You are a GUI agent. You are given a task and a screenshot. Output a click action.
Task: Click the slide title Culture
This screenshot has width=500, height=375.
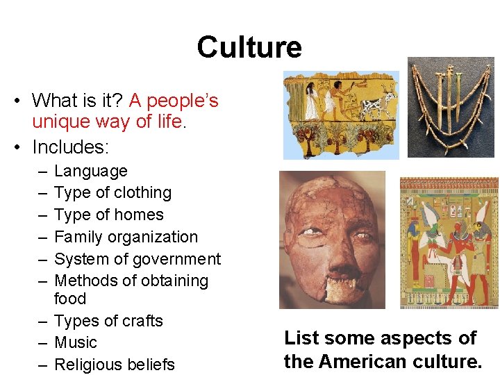click(x=249, y=47)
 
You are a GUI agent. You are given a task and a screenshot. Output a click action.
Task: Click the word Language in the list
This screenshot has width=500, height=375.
click(x=91, y=171)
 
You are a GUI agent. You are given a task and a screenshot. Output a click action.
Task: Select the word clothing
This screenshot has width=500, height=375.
click(x=140, y=192)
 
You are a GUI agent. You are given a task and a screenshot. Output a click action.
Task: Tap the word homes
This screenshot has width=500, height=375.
click(x=140, y=215)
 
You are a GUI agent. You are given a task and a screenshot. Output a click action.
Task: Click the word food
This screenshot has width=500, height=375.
click(x=70, y=299)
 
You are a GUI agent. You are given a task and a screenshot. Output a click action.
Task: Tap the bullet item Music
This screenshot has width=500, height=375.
click(x=76, y=342)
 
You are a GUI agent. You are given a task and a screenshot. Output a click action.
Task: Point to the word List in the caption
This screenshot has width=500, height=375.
click(x=301, y=338)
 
